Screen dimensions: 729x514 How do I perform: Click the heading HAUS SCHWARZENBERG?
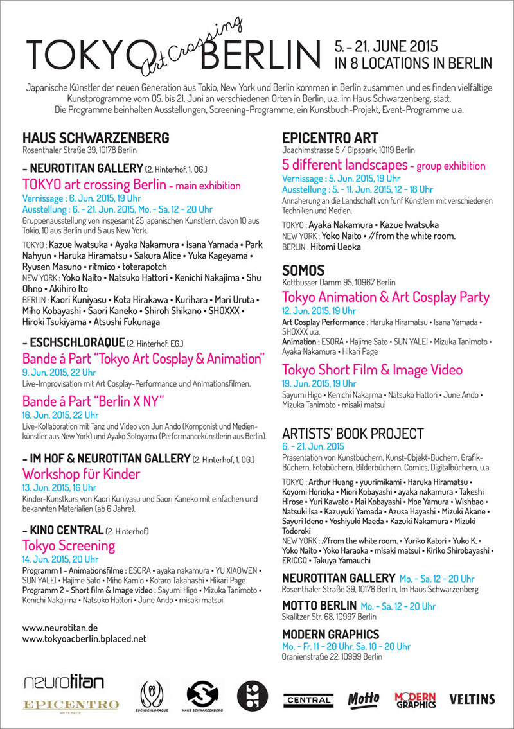96,138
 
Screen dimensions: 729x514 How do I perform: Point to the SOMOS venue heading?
303,270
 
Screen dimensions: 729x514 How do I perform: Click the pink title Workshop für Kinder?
81,475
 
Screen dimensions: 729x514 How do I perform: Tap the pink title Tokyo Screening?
69,546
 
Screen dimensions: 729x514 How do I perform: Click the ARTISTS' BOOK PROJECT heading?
353,434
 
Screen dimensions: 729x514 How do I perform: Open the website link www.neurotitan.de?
60,627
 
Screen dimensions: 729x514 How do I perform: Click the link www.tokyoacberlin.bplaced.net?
84,638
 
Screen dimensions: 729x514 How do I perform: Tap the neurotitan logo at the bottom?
63,681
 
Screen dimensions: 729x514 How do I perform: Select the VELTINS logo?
472,698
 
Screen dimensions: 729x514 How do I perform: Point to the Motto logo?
364,698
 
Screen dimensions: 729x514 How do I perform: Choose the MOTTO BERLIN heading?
319,606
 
